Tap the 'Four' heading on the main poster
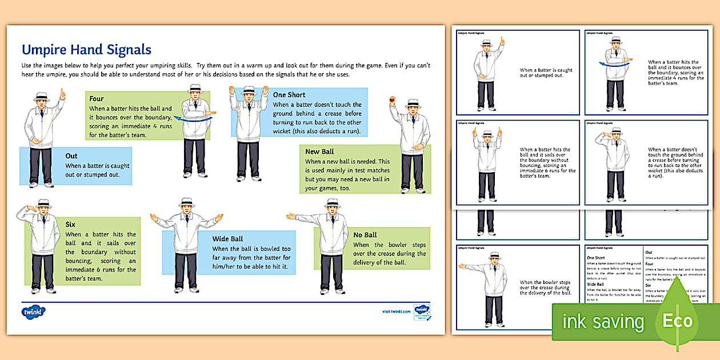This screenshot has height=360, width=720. [97, 98]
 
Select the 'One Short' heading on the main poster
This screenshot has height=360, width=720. [289, 94]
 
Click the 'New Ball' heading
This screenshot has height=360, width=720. [320, 151]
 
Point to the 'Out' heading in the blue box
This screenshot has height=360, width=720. [71, 155]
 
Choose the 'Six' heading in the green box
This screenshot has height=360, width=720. [70, 225]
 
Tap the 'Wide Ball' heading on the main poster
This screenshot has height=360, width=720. [228, 239]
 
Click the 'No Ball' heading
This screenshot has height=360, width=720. [365, 235]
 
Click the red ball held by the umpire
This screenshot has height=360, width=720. [392, 101]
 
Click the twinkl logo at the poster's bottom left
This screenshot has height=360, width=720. [33, 312]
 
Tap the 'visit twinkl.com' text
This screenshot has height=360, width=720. [396, 311]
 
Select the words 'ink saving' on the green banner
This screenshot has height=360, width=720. [603, 321]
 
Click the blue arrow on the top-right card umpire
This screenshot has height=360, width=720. [613, 65]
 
